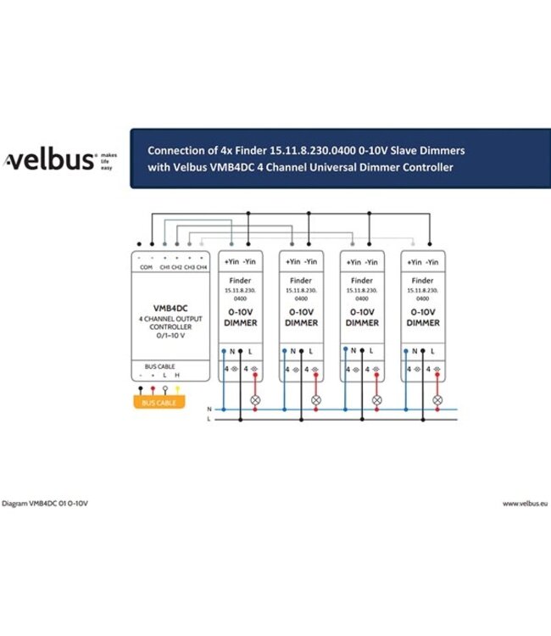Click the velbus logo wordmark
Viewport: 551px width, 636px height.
pyautogui.click(x=49, y=159)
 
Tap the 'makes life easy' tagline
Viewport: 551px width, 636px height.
pyautogui.click(x=109, y=161)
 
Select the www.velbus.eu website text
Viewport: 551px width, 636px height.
pyautogui.click(x=525, y=504)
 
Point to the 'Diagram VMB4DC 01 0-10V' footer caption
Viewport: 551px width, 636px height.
pyautogui.click(x=45, y=504)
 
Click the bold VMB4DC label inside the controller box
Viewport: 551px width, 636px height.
pyautogui.click(x=170, y=309)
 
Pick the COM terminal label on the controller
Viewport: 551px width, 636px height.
pyautogui.click(x=146, y=267)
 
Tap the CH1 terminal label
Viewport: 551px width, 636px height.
pyautogui.click(x=164, y=267)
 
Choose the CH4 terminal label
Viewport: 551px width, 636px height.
pyautogui.click(x=202, y=267)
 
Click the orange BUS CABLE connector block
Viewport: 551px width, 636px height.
pyautogui.click(x=159, y=402)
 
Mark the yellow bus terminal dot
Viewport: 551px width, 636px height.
pyautogui.click(x=177, y=388)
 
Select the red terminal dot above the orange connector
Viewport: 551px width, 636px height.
pyautogui.click(x=153, y=388)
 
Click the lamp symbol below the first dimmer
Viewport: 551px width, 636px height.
pyautogui.click(x=255, y=400)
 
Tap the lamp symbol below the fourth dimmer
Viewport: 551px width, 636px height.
pyautogui.click(x=437, y=400)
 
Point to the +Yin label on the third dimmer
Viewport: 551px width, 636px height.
pyautogui.click(x=353, y=262)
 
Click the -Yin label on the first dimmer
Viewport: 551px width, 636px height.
pyautogui.click(x=249, y=262)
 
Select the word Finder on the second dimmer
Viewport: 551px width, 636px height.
pyautogui.click(x=301, y=281)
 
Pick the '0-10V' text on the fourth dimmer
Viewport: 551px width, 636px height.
pyautogui.click(x=423, y=312)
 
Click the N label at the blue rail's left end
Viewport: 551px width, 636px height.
pyautogui.click(x=209, y=410)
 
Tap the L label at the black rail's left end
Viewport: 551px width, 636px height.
pyautogui.click(x=209, y=419)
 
